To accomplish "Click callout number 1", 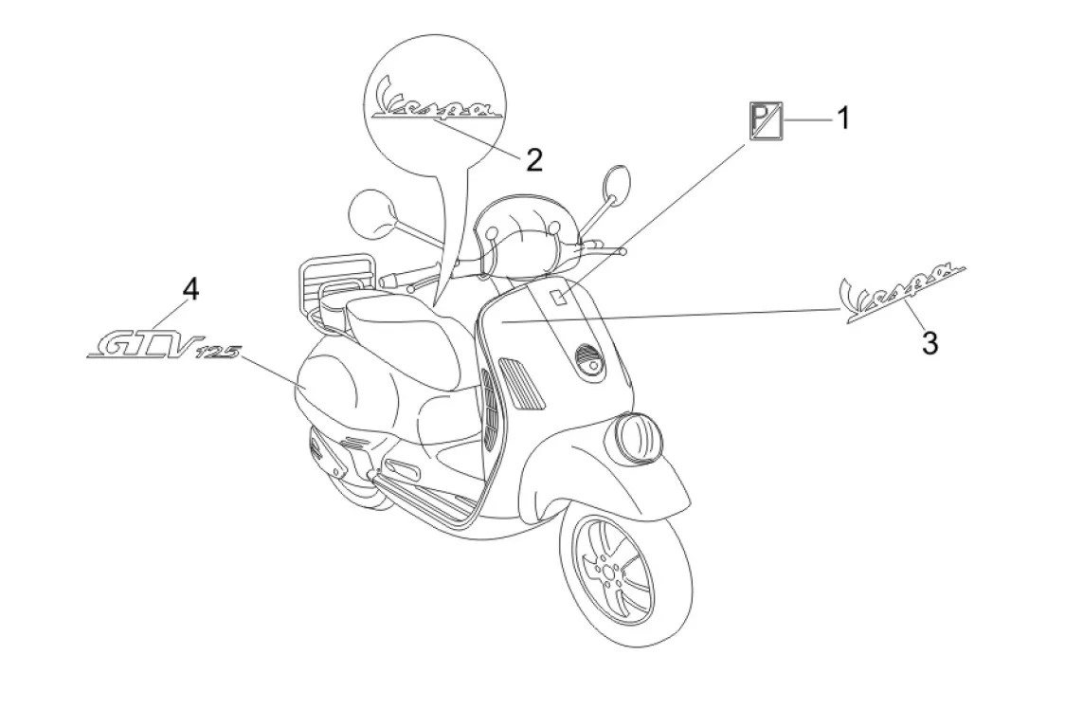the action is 841,118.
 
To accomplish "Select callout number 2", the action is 534,159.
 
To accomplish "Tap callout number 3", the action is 930,343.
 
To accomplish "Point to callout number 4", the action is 190,288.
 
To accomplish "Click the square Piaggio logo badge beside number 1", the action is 765,120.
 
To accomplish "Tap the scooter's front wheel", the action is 622,576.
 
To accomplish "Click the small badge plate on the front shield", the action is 558,297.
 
